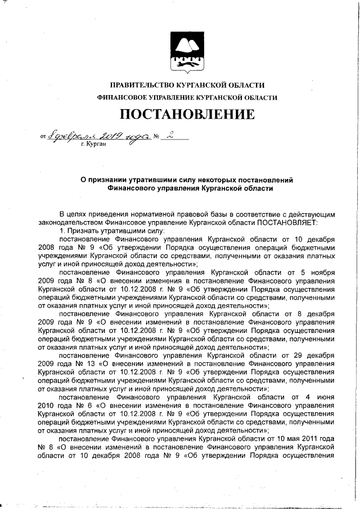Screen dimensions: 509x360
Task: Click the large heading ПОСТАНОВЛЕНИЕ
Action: point(186,115)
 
